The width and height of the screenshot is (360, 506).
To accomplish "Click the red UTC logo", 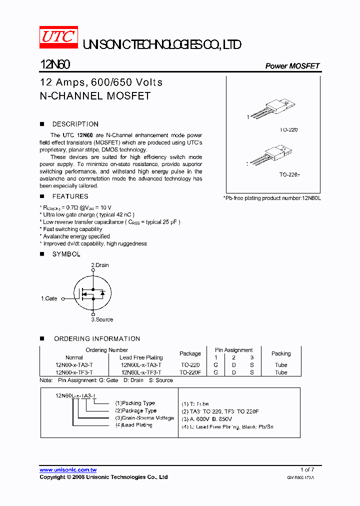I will (x=58, y=36).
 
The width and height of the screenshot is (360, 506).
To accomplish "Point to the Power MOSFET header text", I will (x=292, y=66).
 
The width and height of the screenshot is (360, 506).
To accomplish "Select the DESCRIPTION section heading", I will (x=75, y=124).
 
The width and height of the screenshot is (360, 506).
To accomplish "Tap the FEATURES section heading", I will (x=70, y=196).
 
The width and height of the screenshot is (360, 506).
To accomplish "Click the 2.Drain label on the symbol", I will (x=99, y=265).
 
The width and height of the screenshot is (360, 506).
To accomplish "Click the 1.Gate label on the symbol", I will (x=49, y=298).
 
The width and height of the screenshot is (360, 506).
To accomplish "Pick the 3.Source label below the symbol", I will (x=102, y=319).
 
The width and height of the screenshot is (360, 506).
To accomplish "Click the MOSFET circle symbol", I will (x=93, y=292).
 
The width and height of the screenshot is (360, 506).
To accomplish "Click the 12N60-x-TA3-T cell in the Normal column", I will (x=74, y=365).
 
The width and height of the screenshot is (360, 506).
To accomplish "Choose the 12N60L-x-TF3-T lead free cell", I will (x=141, y=372).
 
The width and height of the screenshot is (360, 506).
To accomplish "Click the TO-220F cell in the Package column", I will (x=190, y=372).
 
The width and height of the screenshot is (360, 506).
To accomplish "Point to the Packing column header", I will (x=281, y=353).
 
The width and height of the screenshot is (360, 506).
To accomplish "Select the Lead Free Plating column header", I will (x=141, y=357).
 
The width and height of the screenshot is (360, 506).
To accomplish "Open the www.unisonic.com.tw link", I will (x=68, y=470).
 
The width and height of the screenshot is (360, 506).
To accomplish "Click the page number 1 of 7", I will (x=307, y=469).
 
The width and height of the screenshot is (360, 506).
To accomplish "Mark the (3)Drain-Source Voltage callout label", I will (x=144, y=418).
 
